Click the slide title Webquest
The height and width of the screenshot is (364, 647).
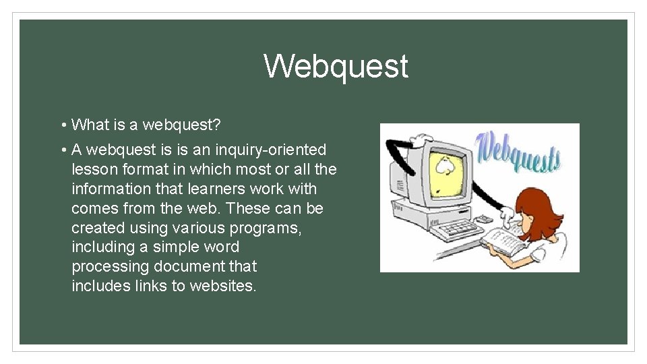coord(336,67)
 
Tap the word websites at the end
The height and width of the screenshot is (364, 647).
coord(223,286)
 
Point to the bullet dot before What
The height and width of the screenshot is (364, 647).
coord(61,125)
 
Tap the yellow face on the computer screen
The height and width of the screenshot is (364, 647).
coord(445,166)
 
